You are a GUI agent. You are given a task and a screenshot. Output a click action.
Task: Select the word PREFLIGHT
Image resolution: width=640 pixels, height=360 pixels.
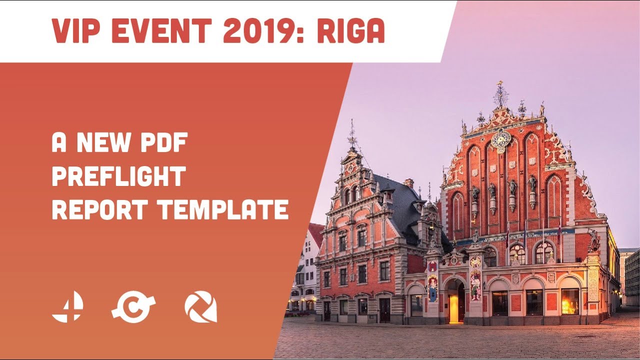(x=119, y=176)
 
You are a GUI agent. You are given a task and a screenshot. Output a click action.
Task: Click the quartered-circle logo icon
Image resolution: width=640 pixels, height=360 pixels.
(x=67, y=306)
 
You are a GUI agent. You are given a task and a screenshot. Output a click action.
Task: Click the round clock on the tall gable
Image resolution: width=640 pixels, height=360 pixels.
(x=500, y=140)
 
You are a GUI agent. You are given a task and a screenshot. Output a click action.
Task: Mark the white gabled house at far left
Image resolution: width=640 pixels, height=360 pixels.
(x=306, y=270)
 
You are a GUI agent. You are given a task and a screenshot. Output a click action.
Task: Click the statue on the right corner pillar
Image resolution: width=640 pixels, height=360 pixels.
(x=593, y=240)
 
